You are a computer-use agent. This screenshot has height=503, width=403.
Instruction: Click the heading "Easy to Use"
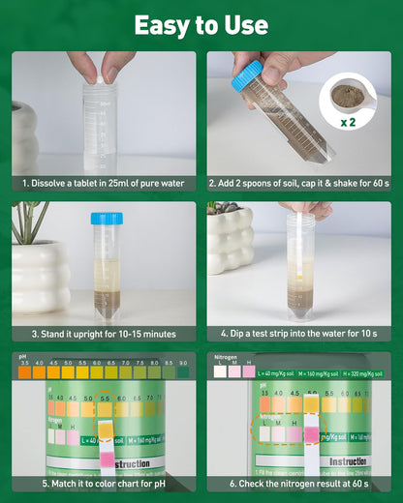(201, 24)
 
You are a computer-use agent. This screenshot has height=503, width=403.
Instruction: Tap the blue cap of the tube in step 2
(248, 75)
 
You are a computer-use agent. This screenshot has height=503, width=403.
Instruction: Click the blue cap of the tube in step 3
(107, 219)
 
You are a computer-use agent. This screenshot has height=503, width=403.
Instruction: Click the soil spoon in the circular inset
(348, 95)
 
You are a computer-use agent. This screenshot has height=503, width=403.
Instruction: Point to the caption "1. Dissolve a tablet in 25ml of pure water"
(104, 182)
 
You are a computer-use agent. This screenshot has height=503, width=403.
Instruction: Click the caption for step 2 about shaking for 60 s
(298, 182)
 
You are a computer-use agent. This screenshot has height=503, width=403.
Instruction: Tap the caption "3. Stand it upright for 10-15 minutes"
(104, 334)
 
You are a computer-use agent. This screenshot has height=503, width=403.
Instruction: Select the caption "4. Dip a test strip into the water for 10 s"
(298, 334)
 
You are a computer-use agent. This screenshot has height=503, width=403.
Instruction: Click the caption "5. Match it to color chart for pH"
(104, 484)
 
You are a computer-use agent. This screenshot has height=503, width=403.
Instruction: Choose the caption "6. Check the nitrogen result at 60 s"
(298, 484)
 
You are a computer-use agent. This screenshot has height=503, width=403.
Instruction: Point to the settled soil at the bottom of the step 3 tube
(107, 304)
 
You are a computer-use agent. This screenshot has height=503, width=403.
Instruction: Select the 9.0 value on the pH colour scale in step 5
(183, 362)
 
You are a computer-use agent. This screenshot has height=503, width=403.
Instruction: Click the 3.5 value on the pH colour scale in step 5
(24, 362)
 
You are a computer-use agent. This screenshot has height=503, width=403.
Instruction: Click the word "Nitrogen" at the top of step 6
(224, 356)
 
